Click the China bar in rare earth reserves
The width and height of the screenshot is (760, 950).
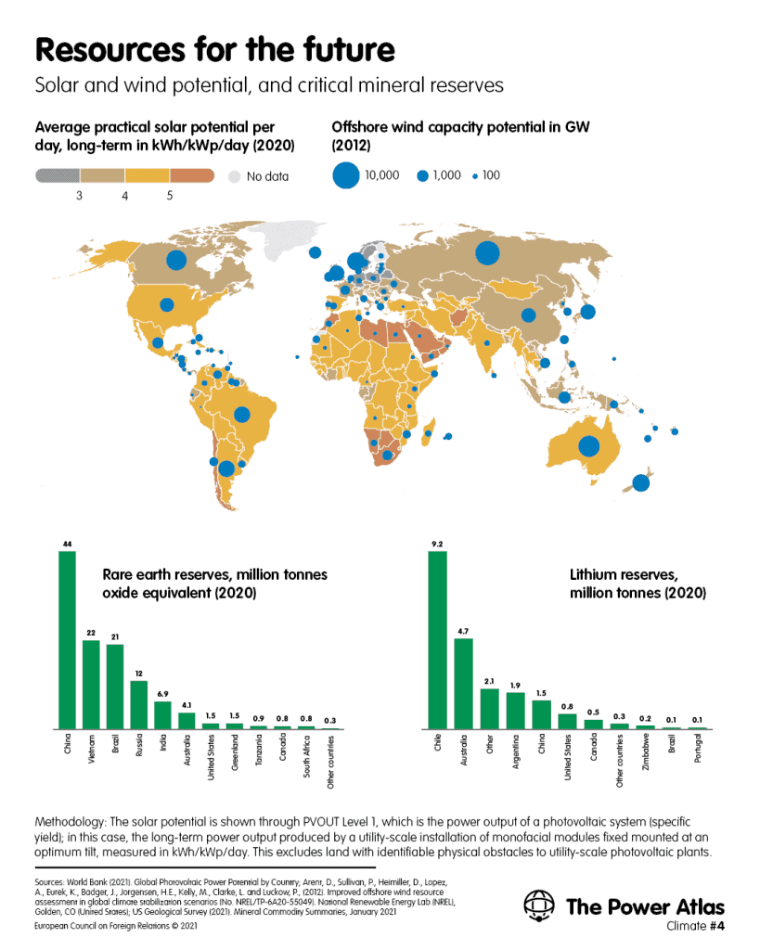[67, 640]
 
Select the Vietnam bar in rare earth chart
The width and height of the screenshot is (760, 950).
[91, 685]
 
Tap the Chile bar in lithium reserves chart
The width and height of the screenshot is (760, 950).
[438, 640]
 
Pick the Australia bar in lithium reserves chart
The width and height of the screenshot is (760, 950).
[464, 684]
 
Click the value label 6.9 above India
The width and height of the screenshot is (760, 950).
[162, 694]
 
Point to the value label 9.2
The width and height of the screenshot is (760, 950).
[437, 544]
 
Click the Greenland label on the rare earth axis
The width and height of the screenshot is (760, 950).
[235, 751]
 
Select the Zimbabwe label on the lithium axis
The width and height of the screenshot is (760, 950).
[646, 751]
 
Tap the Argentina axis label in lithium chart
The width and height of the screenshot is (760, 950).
[516, 751]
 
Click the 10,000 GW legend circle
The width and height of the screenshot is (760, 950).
[346, 175]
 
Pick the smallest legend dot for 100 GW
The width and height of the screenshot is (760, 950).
[475, 176]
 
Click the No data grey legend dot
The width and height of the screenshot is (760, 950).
[235, 176]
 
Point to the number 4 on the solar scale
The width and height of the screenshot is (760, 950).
[125, 196]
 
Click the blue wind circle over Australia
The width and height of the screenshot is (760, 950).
[589, 446]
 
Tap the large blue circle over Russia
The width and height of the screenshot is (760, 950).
[487, 253]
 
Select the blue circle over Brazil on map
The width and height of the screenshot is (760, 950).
[242, 415]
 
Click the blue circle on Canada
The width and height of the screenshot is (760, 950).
[176, 260]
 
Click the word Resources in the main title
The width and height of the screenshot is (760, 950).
[111, 50]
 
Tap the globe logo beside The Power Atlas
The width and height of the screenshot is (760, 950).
[539, 905]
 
